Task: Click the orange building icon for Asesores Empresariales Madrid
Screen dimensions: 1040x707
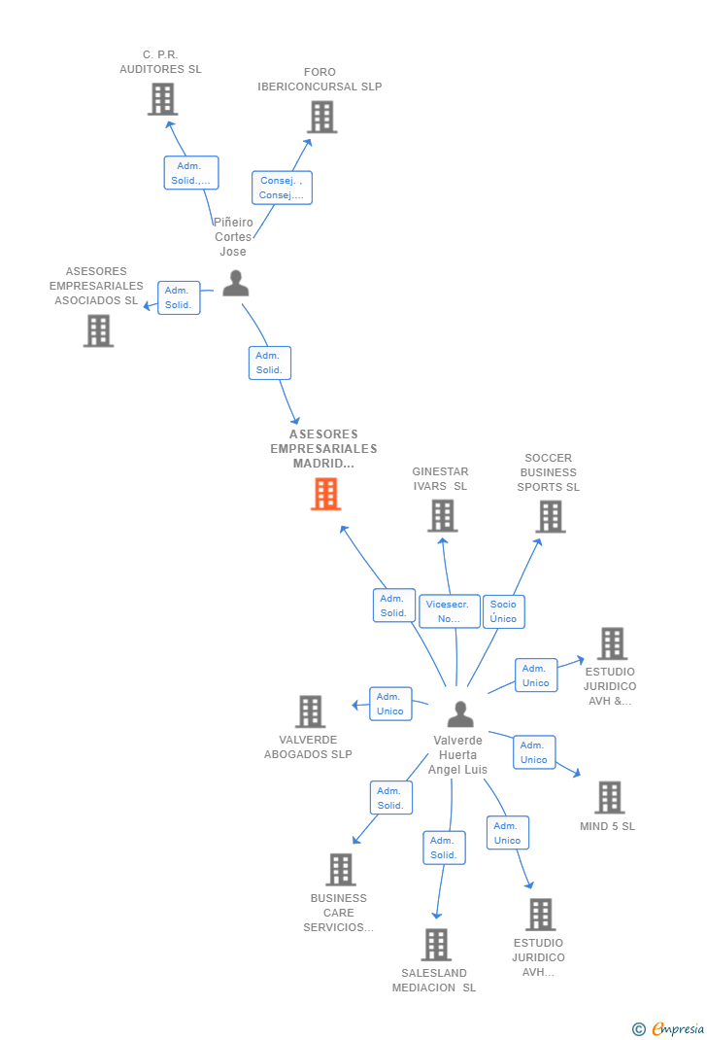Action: [x=325, y=494]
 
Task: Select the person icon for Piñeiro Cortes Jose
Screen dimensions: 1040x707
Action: [x=235, y=283]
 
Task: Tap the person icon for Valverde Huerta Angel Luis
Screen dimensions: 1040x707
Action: [x=460, y=714]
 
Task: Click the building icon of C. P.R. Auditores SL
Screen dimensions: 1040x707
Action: [x=162, y=99]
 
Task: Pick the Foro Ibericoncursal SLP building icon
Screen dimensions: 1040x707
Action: [x=321, y=117]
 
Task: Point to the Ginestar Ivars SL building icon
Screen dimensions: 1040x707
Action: [x=442, y=515]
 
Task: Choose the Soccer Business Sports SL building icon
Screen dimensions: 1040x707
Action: [x=550, y=516]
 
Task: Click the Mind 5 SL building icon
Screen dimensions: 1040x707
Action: [x=609, y=797]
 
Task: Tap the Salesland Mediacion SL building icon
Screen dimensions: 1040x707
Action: [x=436, y=944]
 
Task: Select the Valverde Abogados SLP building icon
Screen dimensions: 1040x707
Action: [x=310, y=711]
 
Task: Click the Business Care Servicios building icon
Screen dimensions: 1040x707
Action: [x=340, y=869]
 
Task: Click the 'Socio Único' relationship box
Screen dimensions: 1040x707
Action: [x=503, y=611]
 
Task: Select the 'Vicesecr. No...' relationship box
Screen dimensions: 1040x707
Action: [x=449, y=611]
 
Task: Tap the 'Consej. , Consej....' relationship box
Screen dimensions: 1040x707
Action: [x=282, y=188]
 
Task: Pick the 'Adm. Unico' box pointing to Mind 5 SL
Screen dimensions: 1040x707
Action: [x=534, y=752]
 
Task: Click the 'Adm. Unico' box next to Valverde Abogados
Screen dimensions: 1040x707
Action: [x=389, y=704]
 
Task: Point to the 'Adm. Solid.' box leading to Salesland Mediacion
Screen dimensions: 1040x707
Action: [x=443, y=848]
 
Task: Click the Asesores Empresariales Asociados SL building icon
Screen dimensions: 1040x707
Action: [x=98, y=330]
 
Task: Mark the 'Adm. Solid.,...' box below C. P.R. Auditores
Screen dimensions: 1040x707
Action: [x=190, y=173]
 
